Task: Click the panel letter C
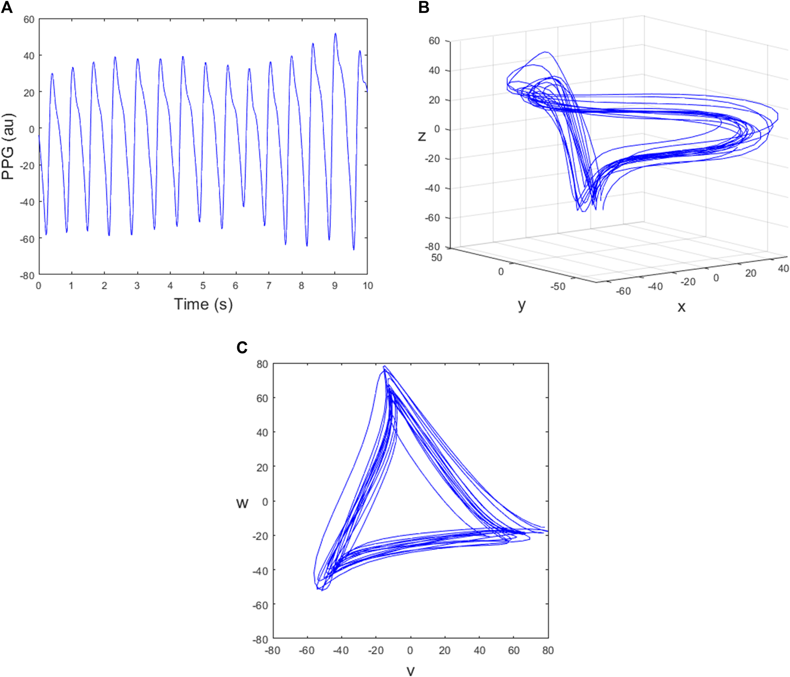[242, 348]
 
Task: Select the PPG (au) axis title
[8, 147]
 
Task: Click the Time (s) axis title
[203, 304]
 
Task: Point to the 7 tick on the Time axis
[269, 286]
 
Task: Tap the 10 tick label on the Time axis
[368, 286]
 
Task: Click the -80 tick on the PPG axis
[28, 275]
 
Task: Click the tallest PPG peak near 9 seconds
[335, 33]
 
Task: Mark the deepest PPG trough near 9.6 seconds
[354, 249]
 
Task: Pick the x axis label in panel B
[681, 307]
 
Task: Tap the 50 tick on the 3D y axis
[437, 258]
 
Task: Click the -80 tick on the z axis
[432, 247]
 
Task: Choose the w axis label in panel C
[242, 503]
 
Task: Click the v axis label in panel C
[411, 670]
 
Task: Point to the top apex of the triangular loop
[384, 367]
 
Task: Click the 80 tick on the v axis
[548, 651]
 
